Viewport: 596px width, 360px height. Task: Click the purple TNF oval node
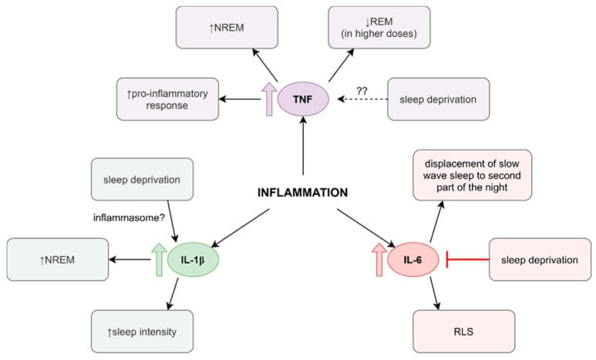tap(302, 99)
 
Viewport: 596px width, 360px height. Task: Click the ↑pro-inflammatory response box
tap(167, 99)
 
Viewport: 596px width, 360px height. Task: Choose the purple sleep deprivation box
tap(437, 99)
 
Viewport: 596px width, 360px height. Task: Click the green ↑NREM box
tap(55, 260)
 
